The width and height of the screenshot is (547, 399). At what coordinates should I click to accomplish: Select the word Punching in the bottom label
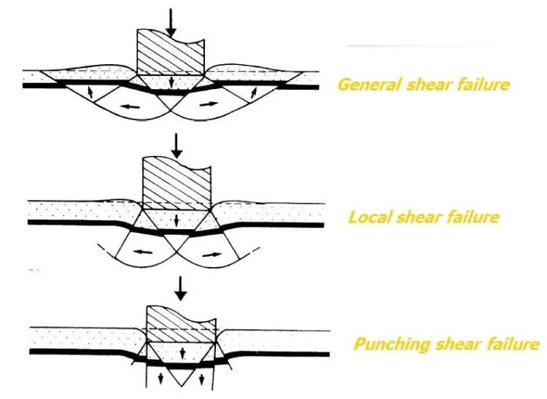click(392, 344)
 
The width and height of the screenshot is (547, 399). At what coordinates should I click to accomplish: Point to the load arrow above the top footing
click(170, 23)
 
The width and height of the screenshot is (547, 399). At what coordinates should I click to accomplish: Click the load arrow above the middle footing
click(177, 146)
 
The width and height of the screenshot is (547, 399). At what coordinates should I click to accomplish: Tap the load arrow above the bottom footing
click(180, 288)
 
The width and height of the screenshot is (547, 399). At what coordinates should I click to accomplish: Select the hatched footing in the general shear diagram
click(170, 53)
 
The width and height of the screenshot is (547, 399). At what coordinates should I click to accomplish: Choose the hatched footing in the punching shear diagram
click(182, 325)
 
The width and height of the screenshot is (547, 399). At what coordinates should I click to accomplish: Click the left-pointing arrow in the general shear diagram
click(130, 106)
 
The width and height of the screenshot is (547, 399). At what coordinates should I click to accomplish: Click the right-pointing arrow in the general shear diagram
click(209, 104)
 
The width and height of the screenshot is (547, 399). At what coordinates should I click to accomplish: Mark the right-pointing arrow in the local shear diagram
click(212, 255)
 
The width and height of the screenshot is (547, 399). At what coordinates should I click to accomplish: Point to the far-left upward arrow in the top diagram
click(90, 93)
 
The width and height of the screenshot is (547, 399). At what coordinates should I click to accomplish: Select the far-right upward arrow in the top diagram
click(254, 93)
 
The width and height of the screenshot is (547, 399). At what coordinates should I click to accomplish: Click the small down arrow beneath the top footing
click(171, 83)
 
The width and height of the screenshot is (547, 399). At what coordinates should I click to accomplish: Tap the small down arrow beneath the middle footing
click(176, 220)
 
